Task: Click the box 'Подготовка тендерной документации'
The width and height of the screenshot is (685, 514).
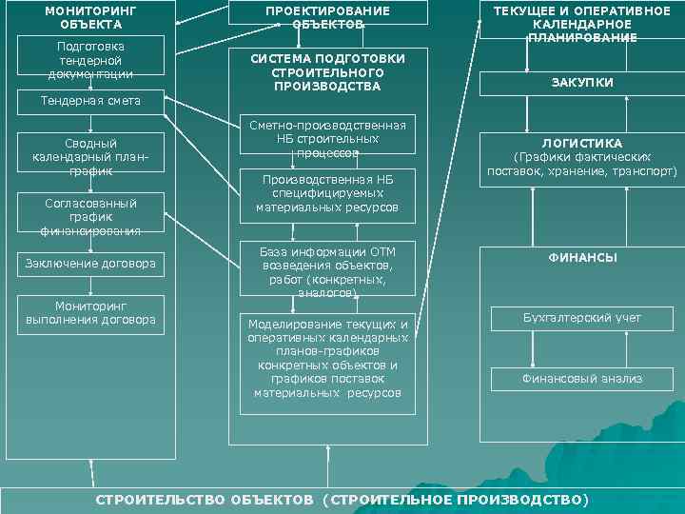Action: click(90, 59)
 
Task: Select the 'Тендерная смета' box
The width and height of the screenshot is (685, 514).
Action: click(90, 100)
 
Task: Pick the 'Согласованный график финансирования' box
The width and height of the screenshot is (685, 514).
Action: click(90, 216)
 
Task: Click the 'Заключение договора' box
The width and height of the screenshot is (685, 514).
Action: click(90, 263)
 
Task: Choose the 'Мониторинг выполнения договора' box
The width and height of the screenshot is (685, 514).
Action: click(90, 313)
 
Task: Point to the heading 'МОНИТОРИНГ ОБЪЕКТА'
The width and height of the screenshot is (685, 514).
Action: click(90, 16)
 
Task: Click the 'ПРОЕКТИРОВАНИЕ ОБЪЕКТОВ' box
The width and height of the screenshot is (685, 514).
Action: click(327, 16)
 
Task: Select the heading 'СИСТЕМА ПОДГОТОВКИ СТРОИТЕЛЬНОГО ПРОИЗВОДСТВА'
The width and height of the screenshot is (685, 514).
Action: click(327, 72)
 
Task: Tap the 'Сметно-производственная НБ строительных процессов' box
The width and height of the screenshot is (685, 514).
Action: click(327, 138)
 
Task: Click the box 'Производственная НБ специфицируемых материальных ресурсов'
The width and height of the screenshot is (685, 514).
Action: click(327, 193)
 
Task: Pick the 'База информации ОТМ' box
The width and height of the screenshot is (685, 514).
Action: click(327, 271)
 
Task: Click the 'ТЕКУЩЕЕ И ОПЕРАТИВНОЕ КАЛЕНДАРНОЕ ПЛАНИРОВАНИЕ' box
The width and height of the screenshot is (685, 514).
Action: click(581, 23)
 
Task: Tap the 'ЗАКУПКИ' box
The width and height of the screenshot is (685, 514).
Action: click(581, 83)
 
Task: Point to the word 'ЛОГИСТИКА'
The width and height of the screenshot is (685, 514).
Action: click(581, 144)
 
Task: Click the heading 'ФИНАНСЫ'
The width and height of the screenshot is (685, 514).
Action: click(581, 257)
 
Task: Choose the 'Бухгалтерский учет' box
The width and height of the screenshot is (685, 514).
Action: click(581, 317)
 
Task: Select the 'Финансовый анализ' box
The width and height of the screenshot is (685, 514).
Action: click(581, 378)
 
